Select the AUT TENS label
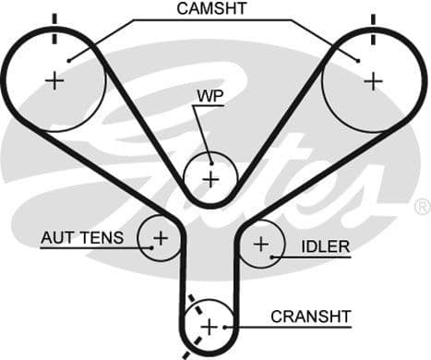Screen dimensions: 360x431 (x=81, y=238)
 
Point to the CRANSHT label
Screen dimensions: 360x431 (x=311, y=316)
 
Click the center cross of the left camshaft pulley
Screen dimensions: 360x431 (x=54, y=80)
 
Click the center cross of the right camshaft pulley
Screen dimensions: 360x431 (x=373, y=80)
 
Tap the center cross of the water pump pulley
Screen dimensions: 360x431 (x=210, y=176)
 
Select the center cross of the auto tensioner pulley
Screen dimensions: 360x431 (x=161, y=238)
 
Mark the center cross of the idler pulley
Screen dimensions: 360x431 (x=262, y=245)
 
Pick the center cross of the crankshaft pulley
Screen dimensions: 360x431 (x=210, y=326)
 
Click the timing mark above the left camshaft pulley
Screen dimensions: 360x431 (x=54, y=26)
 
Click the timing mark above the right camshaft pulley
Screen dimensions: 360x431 (x=373, y=26)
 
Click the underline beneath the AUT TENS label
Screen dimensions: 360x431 (x=88, y=248)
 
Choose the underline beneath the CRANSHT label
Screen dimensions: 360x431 (x=295, y=326)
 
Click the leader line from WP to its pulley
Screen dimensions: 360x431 (x=196, y=129)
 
